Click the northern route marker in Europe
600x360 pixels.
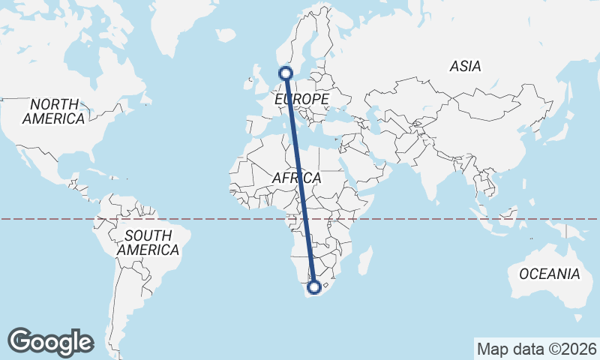285,73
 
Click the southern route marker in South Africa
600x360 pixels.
314,286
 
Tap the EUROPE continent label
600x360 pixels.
302,99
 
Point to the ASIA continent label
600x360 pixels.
465,67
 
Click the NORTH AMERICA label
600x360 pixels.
53,112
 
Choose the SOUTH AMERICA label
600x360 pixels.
148,243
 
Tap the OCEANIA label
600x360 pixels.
550,274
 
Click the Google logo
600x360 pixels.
50,341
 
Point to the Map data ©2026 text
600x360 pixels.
536,349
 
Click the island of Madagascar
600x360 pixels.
366,261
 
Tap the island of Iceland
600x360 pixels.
225,34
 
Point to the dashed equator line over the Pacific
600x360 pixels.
45,219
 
